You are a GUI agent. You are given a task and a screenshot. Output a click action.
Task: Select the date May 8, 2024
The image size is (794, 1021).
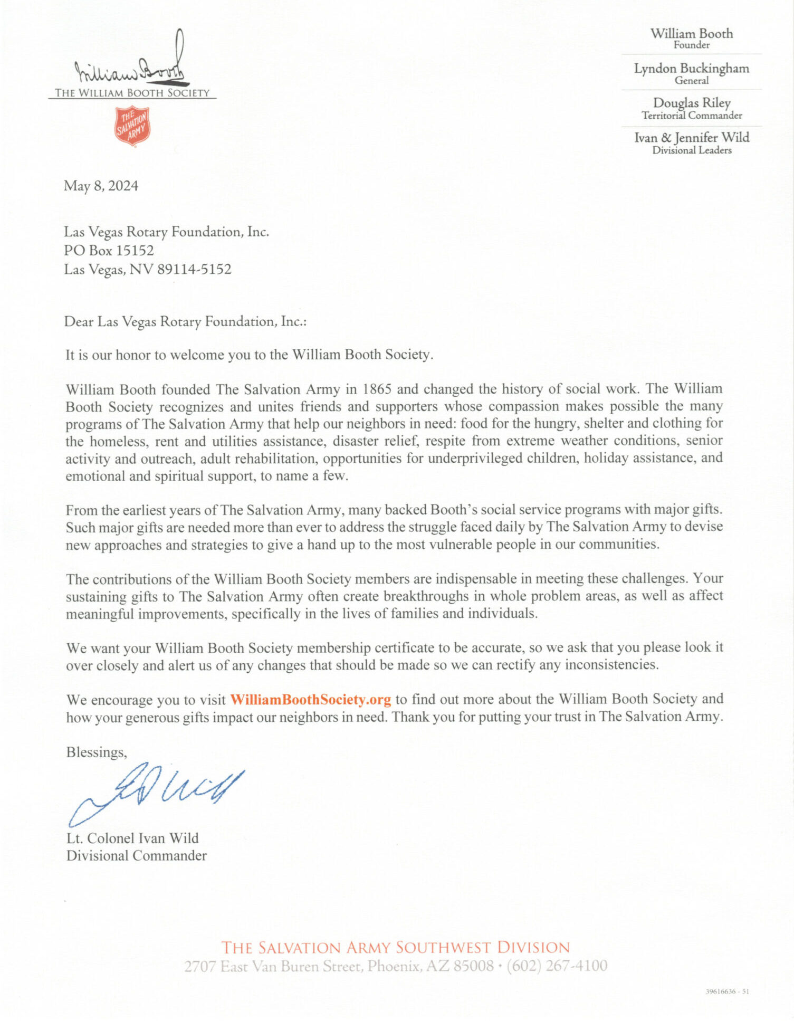click(x=101, y=186)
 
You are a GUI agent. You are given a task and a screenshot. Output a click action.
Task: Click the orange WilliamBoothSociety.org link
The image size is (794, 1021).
click(x=310, y=700)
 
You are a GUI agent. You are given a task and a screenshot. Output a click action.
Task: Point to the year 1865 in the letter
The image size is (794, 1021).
click(x=377, y=389)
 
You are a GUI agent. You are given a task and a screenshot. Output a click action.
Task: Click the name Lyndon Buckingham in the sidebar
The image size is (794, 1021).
click(x=691, y=69)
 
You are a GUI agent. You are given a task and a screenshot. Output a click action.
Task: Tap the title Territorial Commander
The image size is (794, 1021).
click(x=691, y=116)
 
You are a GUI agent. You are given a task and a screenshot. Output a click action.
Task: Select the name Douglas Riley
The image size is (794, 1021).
click(x=691, y=103)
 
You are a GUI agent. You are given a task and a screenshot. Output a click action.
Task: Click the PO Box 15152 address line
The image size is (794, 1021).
click(x=109, y=251)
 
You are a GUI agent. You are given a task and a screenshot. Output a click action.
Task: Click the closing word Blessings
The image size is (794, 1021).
click(x=97, y=752)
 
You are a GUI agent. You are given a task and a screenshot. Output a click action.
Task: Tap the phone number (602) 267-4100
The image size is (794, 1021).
click(x=557, y=966)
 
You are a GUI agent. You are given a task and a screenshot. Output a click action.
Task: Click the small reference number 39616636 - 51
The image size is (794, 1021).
click(x=727, y=991)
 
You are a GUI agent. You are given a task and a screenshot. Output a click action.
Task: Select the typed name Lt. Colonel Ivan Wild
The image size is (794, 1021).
click(x=132, y=838)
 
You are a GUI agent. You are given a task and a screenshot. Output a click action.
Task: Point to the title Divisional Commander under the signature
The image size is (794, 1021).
click(x=136, y=856)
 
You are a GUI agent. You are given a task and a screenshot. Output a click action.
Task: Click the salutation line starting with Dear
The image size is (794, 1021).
click(x=185, y=322)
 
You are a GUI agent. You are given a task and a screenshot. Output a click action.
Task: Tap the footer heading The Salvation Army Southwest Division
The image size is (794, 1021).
click(x=396, y=948)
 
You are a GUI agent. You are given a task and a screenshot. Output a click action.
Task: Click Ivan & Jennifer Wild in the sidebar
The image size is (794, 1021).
click(x=691, y=138)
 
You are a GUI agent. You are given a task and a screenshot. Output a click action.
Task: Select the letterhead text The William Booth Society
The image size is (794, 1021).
click(x=132, y=93)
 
